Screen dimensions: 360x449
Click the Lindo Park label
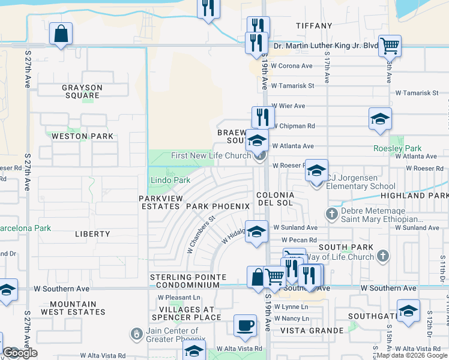pyautogui.click(x=170, y=180)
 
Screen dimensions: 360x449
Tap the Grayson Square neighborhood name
pyautogui.click(x=82, y=91)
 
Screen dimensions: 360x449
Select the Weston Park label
pyautogui.click(x=82, y=136)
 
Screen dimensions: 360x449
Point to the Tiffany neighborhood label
pyautogui.click(x=314, y=26)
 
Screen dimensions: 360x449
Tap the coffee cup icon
pyautogui.click(x=244, y=325)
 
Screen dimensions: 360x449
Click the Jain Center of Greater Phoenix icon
pyautogui.click(x=137, y=332)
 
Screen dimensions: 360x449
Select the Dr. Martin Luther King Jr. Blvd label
pyautogui.click(x=326, y=46)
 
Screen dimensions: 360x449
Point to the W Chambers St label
pyautogui.click(x=200, y=235)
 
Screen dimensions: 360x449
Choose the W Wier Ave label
pyautogui.click(x=288, y=106)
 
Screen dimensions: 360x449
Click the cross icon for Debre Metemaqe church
pyautogui.click(x=331, y=213)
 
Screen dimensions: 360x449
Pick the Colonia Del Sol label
pyautogui.click(x=276, y=199)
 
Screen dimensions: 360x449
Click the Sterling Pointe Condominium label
pyautogui.click(x=188, y=281)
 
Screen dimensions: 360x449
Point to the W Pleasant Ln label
pyautogui.click(x=179, y=297)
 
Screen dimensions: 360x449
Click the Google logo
pyautogui.click(x=20, y=353)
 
